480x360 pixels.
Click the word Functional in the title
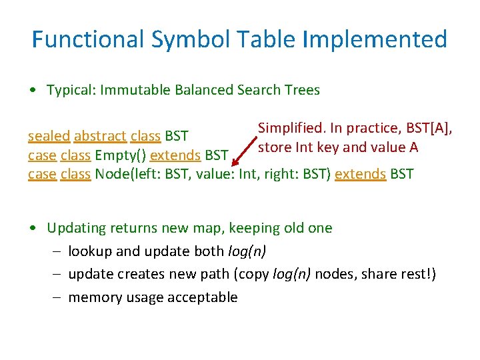(x=88, y=39)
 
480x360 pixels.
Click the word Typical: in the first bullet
(x=71, y=90)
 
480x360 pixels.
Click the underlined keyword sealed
(x=49, y=136)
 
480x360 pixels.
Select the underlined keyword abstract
(x=100, y=136)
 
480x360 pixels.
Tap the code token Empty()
(x=121, y=156)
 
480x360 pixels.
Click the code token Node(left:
(x=126, y=175)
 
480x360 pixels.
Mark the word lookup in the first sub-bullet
(x=89, y=251)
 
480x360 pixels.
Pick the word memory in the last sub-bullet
(x=92, y=297)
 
